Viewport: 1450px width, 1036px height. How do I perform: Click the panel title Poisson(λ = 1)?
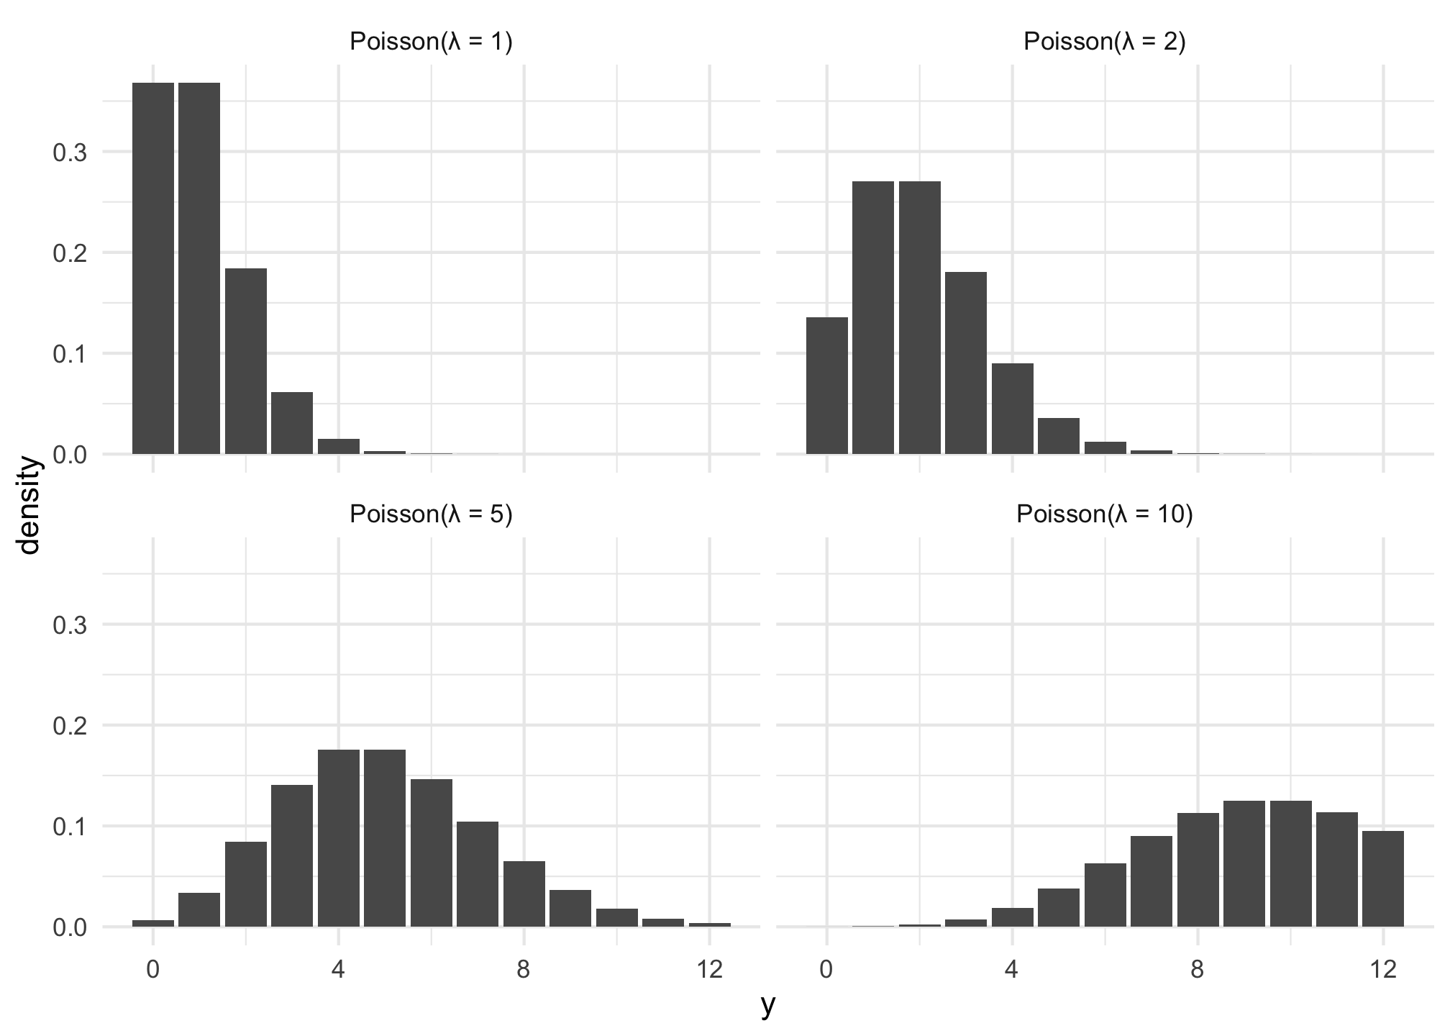pyautogui.click(x=431, y=42)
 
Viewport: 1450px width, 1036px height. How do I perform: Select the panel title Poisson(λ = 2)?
pyautogui.click(x=1105, y=42)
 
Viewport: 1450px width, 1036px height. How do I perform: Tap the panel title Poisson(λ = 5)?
pyautogui.click(x=431, y=514)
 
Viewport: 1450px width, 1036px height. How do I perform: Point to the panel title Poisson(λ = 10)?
pyautogui.click(x=1105, y=514)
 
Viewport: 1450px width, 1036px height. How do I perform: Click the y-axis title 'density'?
pyautogui.click(x=29, y=505)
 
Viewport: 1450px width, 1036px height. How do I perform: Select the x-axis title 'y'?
pyautogui.click(x=768, y=1006)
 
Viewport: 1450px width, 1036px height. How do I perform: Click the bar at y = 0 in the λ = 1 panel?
pyautogui.click(x=153, y=268)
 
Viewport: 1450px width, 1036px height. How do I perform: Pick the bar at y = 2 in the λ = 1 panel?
pyautogui.click(x=246, y=361)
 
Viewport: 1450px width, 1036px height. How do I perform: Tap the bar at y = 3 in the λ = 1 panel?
pyautogui.click(x=292, y=423)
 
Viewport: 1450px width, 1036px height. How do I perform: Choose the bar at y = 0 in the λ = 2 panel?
pyautogui.click(x=827, y=386)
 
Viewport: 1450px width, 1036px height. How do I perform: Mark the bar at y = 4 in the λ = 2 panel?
pyautogui.click(x=1013, y=409)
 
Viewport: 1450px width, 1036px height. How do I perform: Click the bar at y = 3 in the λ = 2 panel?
pyautogui.click(x=966, y=363)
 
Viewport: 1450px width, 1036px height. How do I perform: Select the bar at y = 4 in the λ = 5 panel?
pyautogui.click(x=339, y=838)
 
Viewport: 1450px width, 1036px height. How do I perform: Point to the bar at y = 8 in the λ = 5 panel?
pyautogui.click(x=524, y=894)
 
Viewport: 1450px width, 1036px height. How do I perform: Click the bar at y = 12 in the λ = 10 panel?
pyautogui.click(x=1383, y=878)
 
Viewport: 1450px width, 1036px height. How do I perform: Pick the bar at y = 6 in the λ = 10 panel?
pyautogui.click(x=1105, y=895)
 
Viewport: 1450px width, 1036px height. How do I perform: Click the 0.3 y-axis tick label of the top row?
pyautogui.click(x=70, y=153)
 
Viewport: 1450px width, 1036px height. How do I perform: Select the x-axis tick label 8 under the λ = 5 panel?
pyautogui.click(x=524, y=970)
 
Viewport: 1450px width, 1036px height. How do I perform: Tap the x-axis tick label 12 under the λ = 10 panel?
pyautogui.click(x=1382, y=970)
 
